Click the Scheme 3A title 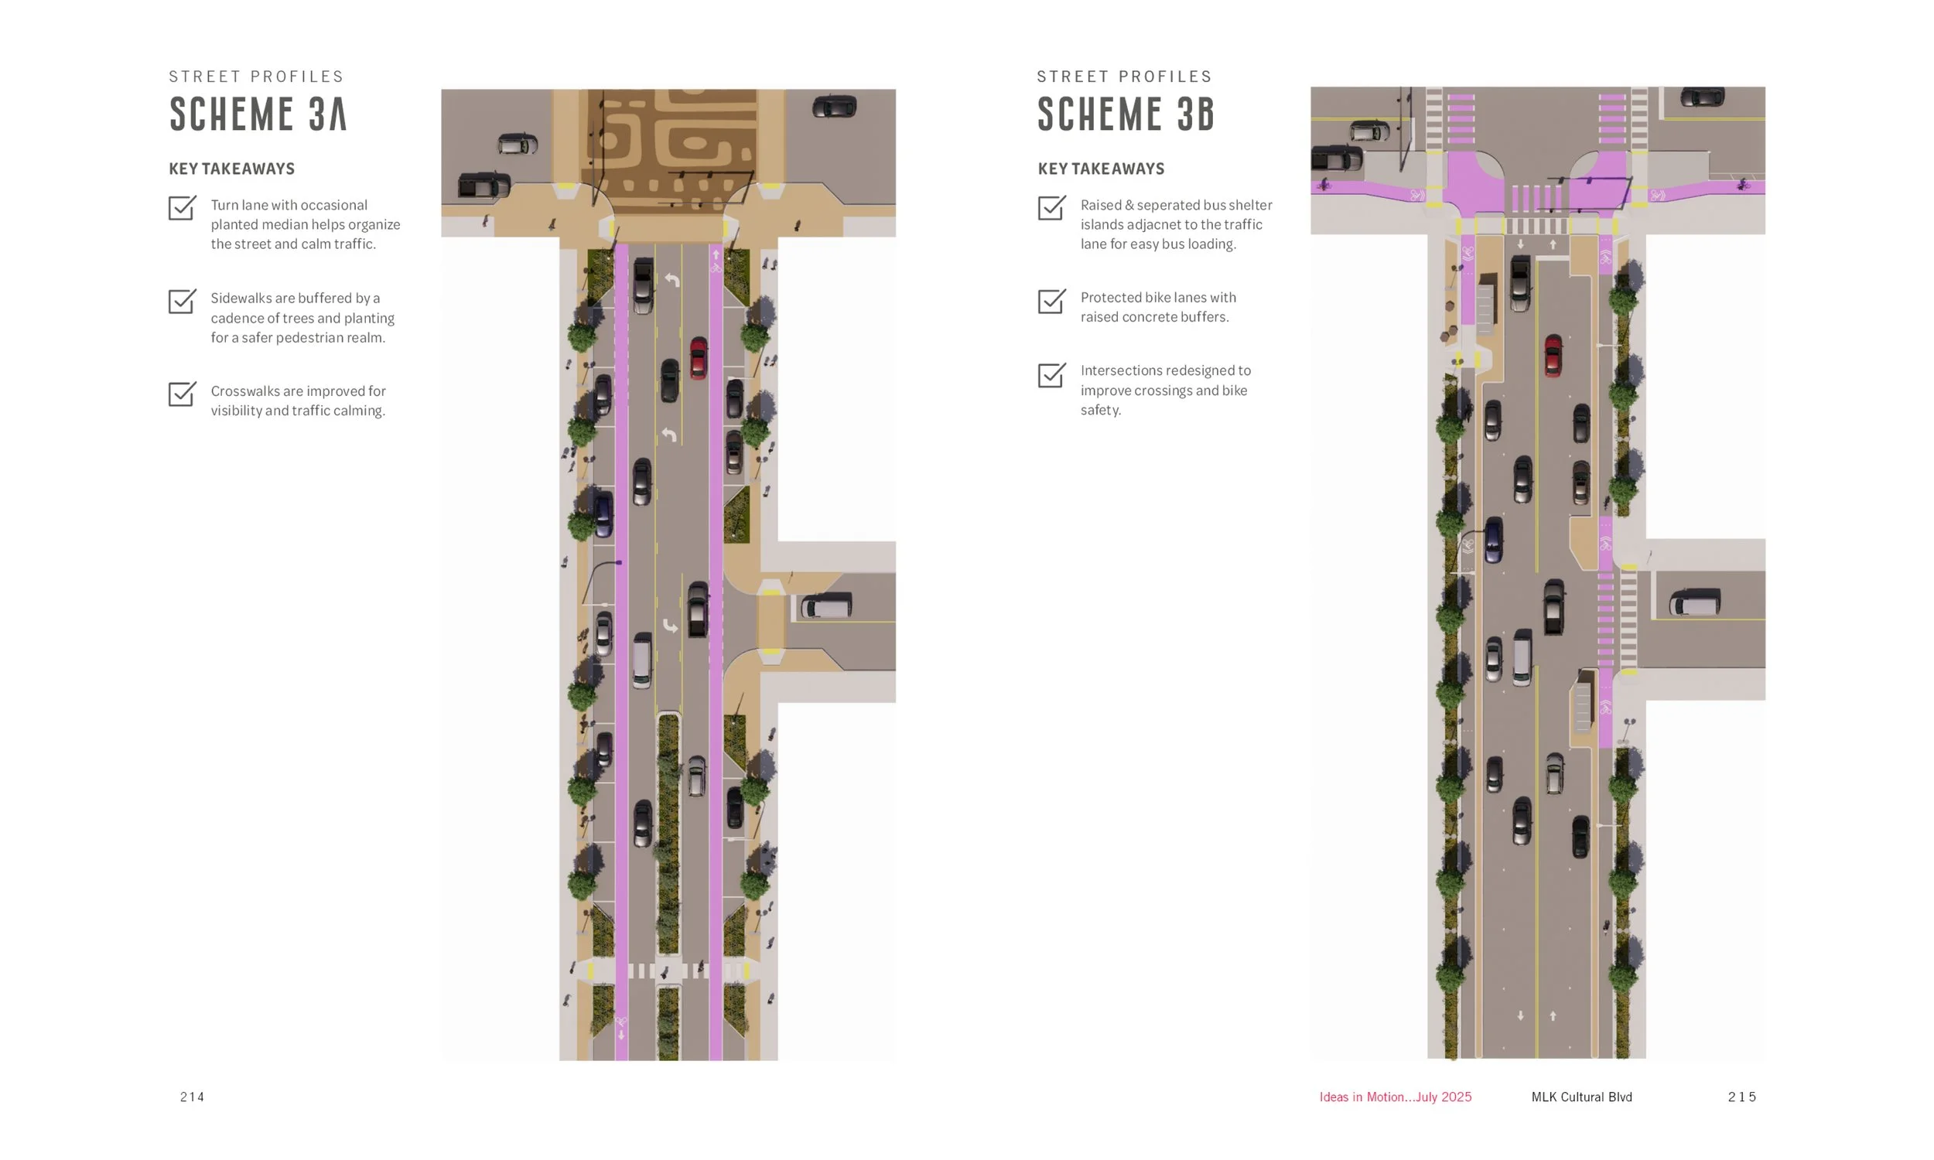pos(258,114)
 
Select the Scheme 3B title pos(1126,114)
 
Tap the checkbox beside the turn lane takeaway pos(182,208)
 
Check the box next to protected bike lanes pos(1051,301)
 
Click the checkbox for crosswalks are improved pos(182,394)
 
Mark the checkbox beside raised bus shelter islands pos(1051,208)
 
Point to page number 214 pos(193,1097)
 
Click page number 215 pos(1741,1097)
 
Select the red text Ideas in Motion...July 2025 pos(1396,1097)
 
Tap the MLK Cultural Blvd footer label pos(1581,1097)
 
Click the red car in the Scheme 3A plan pos(698,358)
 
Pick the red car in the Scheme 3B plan pos(1553,356)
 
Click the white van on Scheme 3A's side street pos(825,606)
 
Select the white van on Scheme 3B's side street pos(1695,602)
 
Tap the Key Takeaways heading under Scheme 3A pos(232,169)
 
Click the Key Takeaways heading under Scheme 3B pos(1101,169)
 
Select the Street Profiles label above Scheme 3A pos(256,77)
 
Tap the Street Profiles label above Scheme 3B pos(1124,77)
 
